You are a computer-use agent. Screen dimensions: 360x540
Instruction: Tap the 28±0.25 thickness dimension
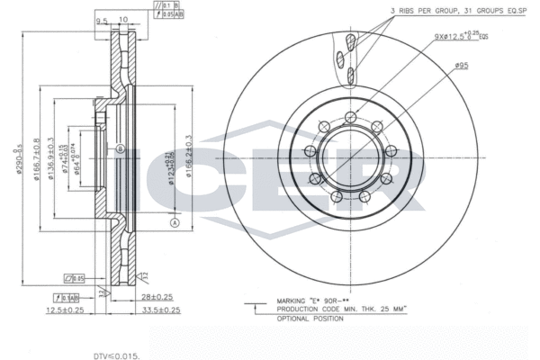[x=157, y=296]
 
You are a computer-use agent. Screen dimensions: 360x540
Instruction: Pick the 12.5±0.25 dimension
[x=66, y=310]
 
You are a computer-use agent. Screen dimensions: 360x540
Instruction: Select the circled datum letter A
[x=175, y=222]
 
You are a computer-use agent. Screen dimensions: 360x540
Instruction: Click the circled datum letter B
[x=119, y=148]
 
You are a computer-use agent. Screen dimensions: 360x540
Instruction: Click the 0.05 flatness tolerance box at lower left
[x=73, y=278]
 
